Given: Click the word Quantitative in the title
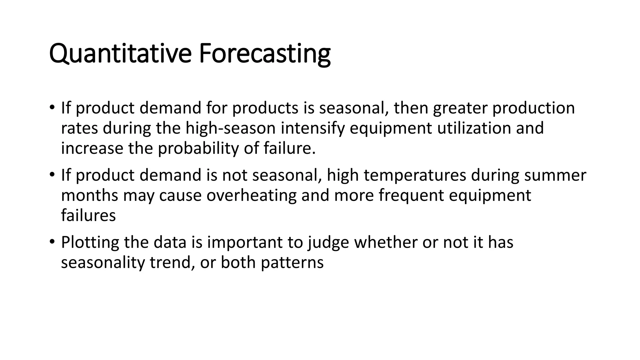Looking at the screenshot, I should pyautogui.click(x=120, y=54).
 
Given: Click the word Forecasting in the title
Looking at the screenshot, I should pyautogui.click(x=264, y=54).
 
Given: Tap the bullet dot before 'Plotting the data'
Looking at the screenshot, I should pyautogui.click(x=52, y=242).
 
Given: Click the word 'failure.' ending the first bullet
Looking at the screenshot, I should pyautogui.click(x=289, y=148).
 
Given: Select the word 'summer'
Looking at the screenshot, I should pyautogui.click(x=555, y=175).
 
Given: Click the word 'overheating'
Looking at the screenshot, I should pyautogui.click(x=251, y=195).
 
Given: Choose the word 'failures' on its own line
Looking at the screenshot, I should pyautogui.click(x=88, y=215).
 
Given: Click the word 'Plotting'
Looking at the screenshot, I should pyautogui.click(x=90, y=242).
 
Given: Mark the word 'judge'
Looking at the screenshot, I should pyautogui.click(x=328, y=242).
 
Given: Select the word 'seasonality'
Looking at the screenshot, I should pyautogui.click(x=103, y=262).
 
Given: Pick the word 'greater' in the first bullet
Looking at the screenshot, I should pyautogui.click(x=460, y=108).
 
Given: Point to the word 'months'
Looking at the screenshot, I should pyautogui.click(x=89, y=195).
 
